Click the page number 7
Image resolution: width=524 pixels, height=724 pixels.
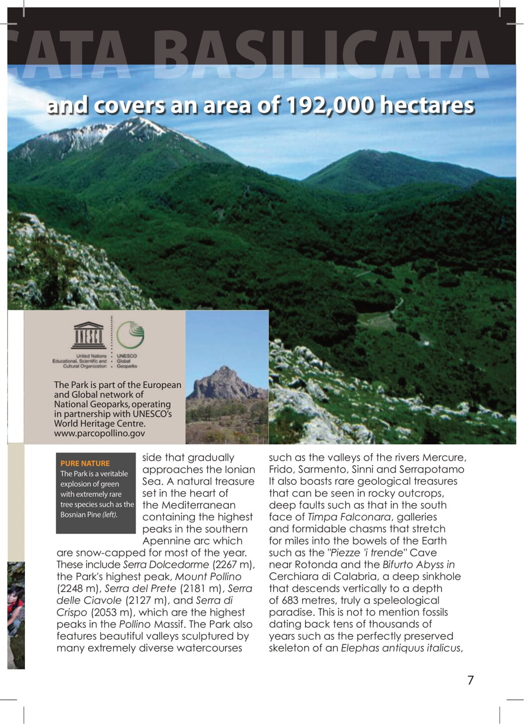pyautogui.click(x=470, y=680)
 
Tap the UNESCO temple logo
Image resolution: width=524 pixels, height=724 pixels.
pyautogui.click(x=89, y=335)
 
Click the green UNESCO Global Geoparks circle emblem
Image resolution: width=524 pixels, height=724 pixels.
pyautogui.click(x=130, y=335)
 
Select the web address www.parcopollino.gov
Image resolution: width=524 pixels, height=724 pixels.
pyautogui.click(x=100, y=433)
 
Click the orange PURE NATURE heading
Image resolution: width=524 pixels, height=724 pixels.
pyautogui.click(x=85, y=463)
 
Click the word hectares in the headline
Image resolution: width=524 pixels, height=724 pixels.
pyautogui.click(x=427, y=106)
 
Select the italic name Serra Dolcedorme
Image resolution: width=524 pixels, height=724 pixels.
pyautogui.click(x=166, y=565)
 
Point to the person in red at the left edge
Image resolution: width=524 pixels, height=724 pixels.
pyautogui.click(x=15, y=603)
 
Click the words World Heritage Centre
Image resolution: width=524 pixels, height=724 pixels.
pyautogui.click(x=100, y=424)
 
